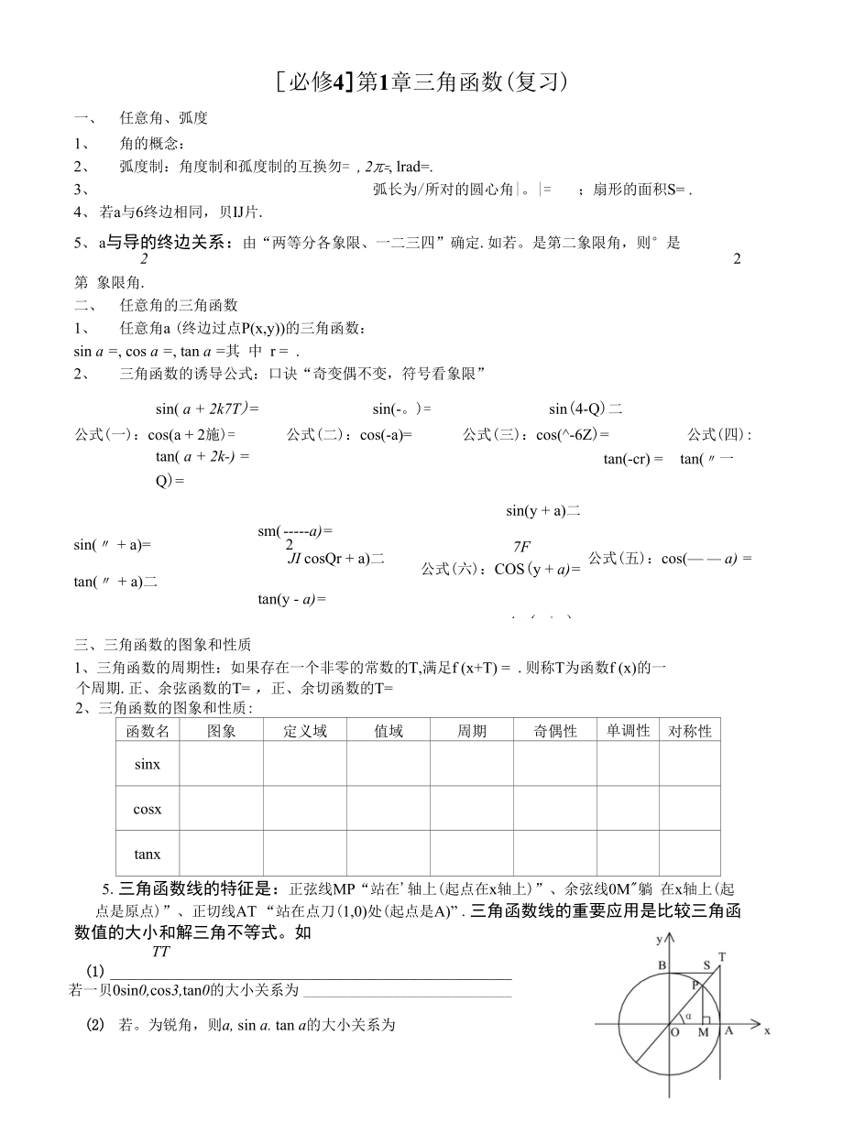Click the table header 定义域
tap(304, 731)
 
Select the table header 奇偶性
tap(555, 731)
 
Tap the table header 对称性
tap(689, 731)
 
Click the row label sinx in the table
tap(148, 764)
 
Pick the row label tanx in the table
tap(148, 854)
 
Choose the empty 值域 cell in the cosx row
tap(389, 809)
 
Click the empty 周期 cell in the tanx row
tap(472, 854)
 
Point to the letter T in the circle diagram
tap(722, 957)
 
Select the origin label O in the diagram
tap(674, 1032)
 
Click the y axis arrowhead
tap(670, 936)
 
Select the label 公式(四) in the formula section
tap(717, 434)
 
